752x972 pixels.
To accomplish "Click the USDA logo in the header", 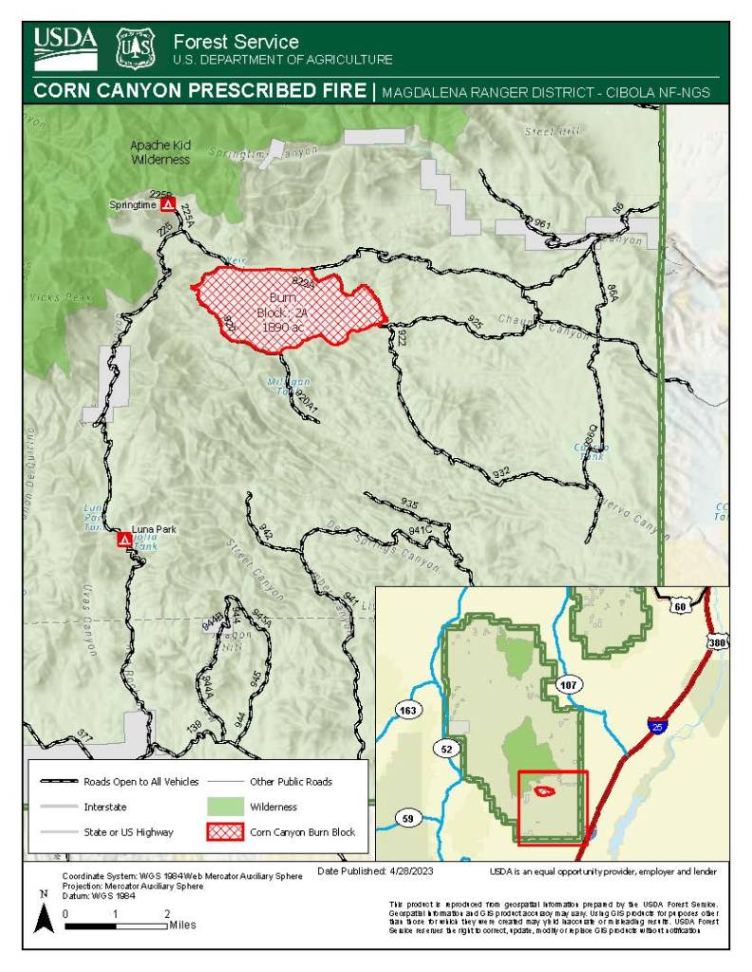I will click(66, 48).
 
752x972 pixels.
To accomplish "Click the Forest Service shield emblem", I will click(134, 48).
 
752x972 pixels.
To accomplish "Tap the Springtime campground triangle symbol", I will click(167, 204).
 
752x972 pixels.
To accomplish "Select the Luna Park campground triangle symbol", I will click(123, 540).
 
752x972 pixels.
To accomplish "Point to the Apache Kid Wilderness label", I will click(160, 153).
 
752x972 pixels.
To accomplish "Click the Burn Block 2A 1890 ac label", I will click(283, 312).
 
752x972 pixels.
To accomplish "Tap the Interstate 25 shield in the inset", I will click(658, 727).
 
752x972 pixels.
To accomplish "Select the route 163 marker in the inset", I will click(409, 710).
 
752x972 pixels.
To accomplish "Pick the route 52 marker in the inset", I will click(446, 749).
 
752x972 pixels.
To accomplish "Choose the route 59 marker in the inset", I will click(408, 817).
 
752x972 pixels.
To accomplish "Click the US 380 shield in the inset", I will click(717, 643).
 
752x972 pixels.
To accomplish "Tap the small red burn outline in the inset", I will click(545, 791).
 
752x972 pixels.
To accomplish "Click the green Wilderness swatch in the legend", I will click(225, 807).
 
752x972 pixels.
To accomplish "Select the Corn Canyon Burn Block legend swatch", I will click(225, 831).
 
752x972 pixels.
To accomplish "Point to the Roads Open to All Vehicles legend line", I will click(57, 782).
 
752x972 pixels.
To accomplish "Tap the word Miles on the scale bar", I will click(183, 924).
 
